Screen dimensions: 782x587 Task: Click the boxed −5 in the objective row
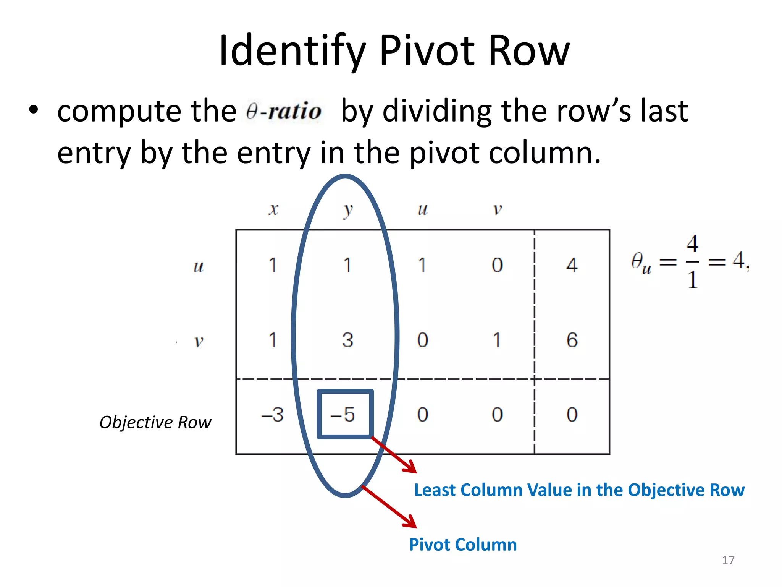pos(344,414)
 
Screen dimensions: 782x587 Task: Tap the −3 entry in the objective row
pos(272,414)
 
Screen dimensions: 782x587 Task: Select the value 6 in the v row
pos(572,340)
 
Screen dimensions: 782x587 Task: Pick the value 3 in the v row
pos(347,340)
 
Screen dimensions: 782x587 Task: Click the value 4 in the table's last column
pos(572,265)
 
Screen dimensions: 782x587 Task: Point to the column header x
pos(273,209)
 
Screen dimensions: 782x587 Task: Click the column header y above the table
pos(347,210)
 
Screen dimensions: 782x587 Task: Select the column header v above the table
pos(497,209)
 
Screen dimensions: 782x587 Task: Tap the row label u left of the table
pos(198,266)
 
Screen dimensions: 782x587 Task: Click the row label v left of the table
pos(198,341)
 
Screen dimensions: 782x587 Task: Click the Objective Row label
pos(155,422)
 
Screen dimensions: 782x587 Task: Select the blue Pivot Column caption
pos(463,545)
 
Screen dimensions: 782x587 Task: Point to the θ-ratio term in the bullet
pos(284,112)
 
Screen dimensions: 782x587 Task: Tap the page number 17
pos(728,560)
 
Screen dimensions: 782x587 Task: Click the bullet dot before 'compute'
pos(34,110)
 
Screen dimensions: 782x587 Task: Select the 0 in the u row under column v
pos(497,265)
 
